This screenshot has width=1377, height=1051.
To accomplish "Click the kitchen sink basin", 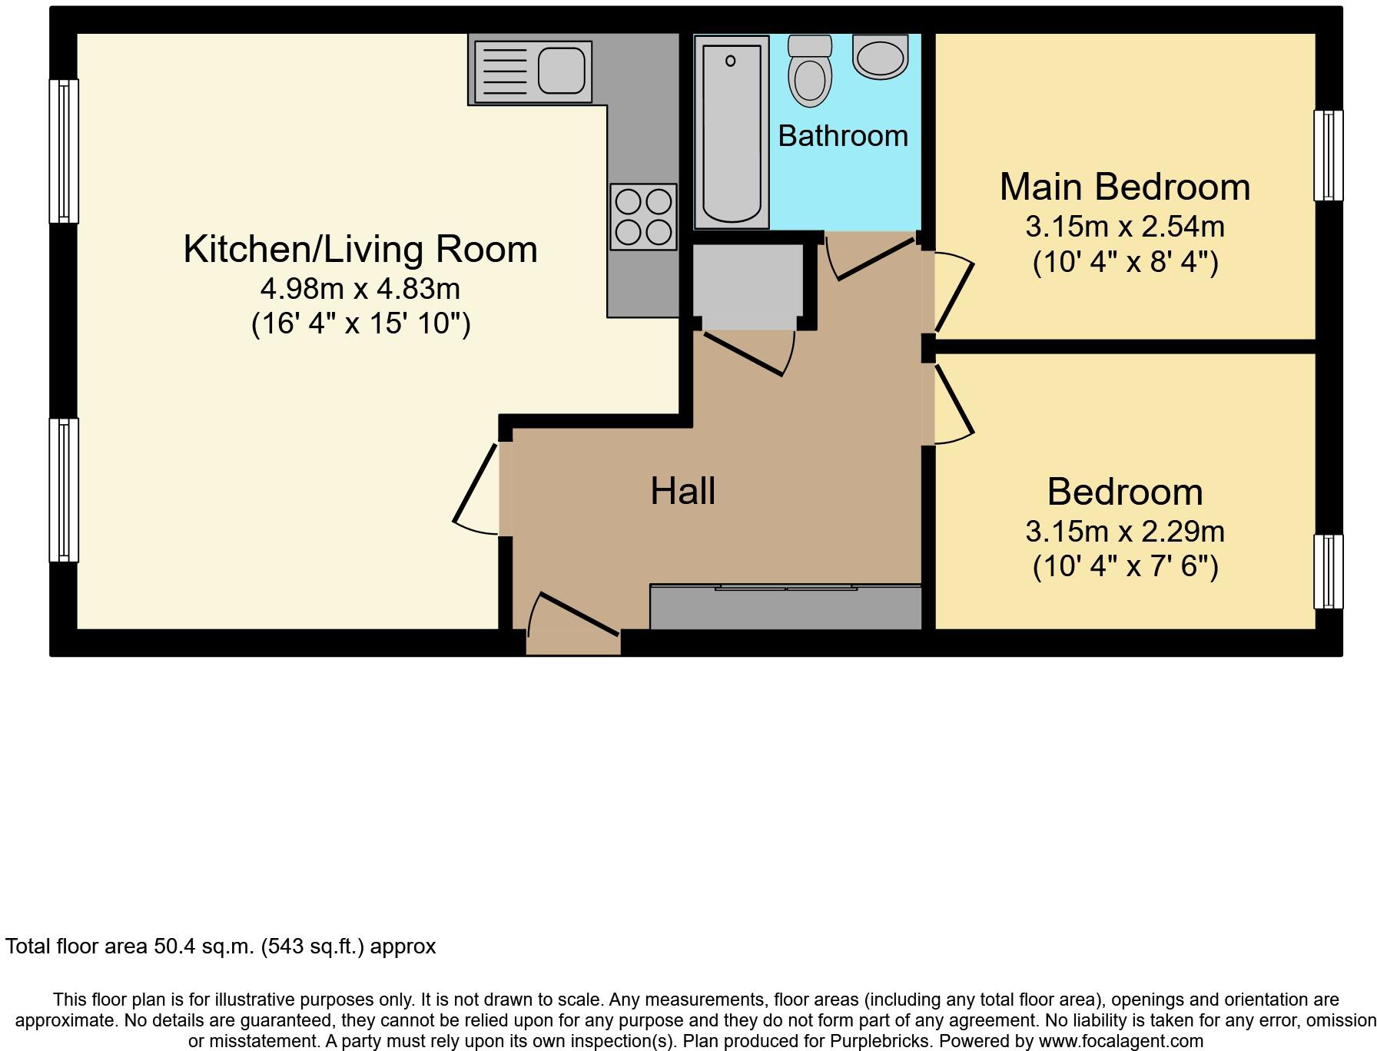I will tap(561, 71).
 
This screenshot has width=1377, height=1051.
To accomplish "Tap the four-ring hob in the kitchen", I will tap(643, 217).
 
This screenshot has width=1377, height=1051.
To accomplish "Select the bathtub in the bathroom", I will tap(731, 132).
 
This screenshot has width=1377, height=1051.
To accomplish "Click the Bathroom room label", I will tap(843, 136).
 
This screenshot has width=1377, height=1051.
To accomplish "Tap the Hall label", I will tap(682, 491).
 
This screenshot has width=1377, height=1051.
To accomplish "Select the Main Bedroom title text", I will tap(1124, 187).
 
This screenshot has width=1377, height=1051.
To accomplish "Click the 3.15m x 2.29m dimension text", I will tap(1124, 531).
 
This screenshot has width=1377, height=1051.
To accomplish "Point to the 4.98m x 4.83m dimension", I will tap(360, 289).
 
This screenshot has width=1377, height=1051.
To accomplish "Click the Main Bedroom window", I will tap(1328, 155).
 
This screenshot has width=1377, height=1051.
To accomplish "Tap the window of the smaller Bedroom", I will tap(1328, 572).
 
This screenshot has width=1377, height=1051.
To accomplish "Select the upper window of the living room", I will tap(64, 151).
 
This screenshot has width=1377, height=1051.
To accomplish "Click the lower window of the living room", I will tap(64, 490).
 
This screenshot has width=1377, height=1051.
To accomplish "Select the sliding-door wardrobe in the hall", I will tap(785, 608).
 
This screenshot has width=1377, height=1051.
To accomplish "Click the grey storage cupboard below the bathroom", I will tap(748, 280).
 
